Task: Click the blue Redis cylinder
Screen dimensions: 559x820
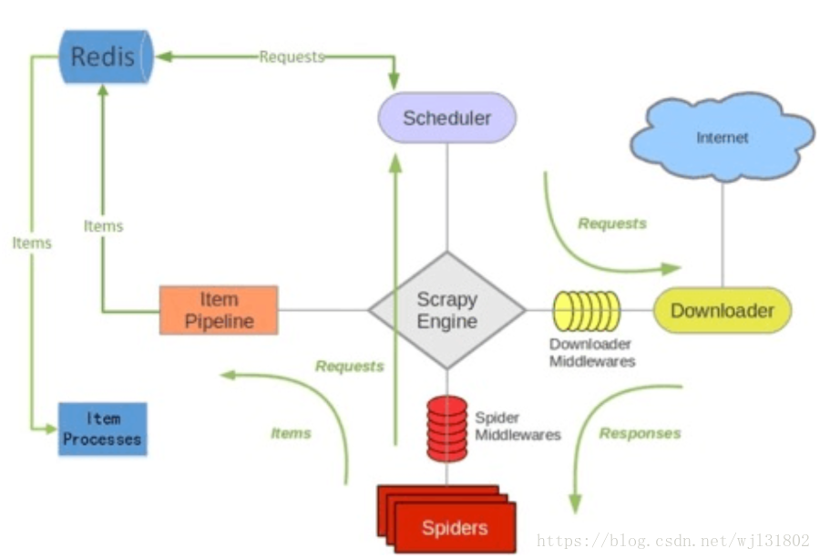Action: click(102, 57)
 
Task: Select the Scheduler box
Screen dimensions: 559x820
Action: click(446, 118)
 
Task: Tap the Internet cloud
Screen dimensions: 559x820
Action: click(722, 138)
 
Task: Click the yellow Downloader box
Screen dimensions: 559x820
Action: click(722, 310)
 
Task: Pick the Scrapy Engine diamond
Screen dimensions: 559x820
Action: click(446, 310)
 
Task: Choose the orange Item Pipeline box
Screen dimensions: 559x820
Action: click(219, 310)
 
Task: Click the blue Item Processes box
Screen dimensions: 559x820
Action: click(102, 429)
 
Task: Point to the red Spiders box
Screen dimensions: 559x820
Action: click(453, 527)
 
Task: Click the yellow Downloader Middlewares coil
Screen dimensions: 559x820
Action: click(588, 311)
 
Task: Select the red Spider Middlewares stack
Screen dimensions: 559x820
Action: click(446, 428)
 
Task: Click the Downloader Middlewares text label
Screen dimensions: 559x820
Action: click(591, 353)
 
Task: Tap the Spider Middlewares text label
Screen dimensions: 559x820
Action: click(517, 426)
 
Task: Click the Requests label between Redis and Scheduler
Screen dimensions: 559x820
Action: click(292, 57)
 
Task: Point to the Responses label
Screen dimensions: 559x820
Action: click(640, 433)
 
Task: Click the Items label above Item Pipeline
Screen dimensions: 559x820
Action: click(103, 226)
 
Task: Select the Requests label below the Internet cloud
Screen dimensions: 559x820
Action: click(612, 223)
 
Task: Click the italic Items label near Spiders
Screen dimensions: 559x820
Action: click(291, 433)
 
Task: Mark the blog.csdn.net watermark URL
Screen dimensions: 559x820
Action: click(673, 541)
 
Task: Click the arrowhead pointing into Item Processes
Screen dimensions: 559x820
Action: click(52, 428)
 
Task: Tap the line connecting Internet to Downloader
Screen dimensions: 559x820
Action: click(723, 233)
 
